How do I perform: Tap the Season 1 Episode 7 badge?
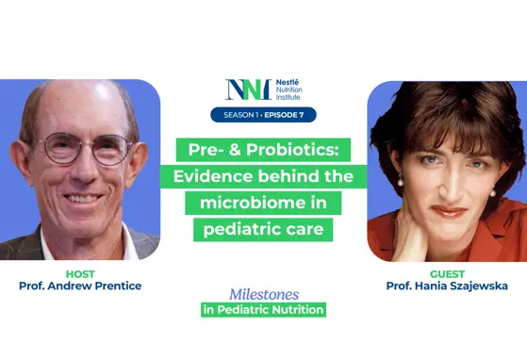263,115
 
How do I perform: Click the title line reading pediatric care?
262,228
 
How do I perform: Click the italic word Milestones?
263,294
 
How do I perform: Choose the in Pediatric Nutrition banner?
263,310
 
